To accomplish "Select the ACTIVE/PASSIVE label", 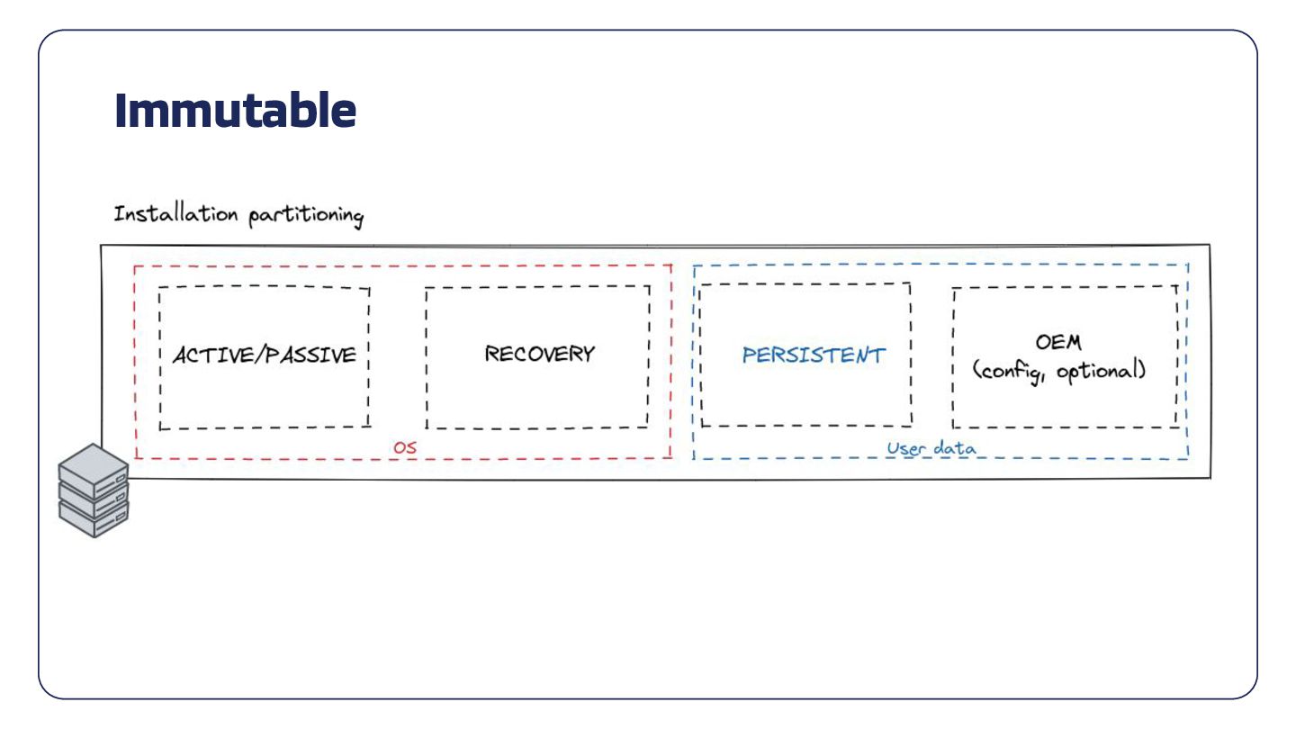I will click(x=265, y=355).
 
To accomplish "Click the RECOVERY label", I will click(x=539, y=354).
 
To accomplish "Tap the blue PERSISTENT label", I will click(x=814, y=355).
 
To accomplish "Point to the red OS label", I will click(x=405, y=446).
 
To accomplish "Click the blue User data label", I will click(x=931, y=448).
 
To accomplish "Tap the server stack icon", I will click(x=94, y=490).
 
